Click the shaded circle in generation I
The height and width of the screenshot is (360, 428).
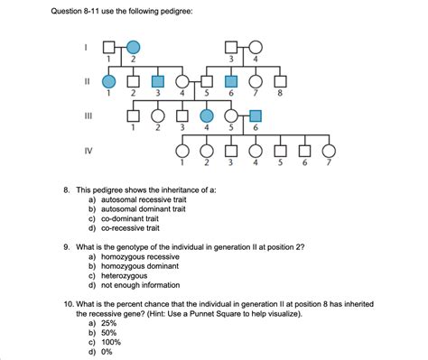click(x=133, y=47)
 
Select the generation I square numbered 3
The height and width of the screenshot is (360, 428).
click(x=232, y=47)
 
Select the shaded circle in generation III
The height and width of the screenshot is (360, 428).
click(x=207, y=115)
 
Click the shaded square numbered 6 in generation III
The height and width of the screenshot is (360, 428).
click(x=256, y=115)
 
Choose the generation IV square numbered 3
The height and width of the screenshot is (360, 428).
click(x=231, y=150)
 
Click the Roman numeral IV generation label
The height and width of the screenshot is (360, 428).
click(x=87, y=151)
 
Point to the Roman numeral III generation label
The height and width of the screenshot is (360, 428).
click(x=87, y=116)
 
